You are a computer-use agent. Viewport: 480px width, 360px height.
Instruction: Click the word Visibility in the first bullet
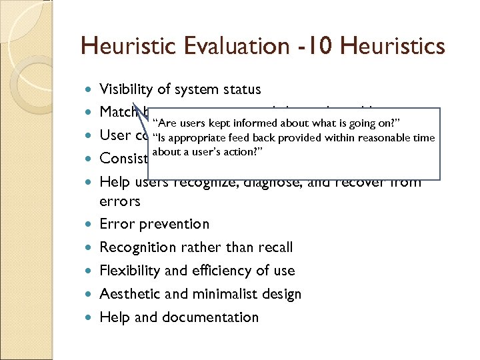[x=125, y=89]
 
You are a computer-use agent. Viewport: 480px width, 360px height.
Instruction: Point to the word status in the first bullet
[x=241, y=89]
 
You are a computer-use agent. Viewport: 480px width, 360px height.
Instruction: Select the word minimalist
[x=219, y=294]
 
